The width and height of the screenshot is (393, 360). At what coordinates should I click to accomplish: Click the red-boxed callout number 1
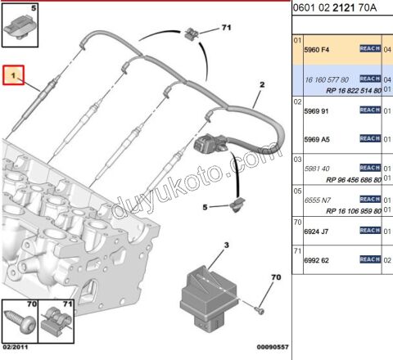(x=13, y=76)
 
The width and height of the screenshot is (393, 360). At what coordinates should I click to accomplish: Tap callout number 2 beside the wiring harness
(x=262, y=85)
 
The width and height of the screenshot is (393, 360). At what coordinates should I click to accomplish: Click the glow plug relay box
(x=210, y=290)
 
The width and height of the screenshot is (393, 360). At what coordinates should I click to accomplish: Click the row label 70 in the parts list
(x=298, y=222)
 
